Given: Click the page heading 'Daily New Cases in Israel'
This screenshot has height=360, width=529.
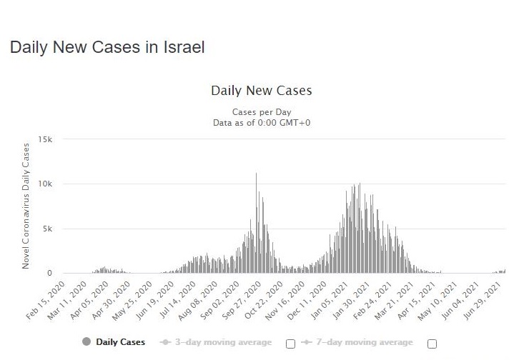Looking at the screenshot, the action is (x=107, y=47).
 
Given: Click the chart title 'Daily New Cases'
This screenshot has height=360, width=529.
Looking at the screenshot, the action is (x=262, y=91).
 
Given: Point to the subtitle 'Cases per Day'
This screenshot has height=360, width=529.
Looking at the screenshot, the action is (x=262, y=112).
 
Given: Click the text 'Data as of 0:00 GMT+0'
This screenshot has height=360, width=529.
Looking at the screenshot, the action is (x=262, y=123).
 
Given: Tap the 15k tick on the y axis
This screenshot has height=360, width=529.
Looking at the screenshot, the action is (x=45, y=139).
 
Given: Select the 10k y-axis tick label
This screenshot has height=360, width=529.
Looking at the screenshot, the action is (x=45, y=184).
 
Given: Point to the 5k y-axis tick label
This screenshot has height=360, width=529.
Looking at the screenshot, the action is (x=48, y=229).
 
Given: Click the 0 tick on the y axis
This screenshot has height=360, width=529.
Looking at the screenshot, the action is (x=49, y=273).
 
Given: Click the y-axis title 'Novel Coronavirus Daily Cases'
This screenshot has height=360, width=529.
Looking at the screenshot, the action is (x=26, y=206).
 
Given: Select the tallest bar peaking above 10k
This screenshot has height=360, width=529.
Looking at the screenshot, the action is (x=256, y=223).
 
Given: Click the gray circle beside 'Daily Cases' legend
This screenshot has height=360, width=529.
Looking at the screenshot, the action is (x=86, y=342).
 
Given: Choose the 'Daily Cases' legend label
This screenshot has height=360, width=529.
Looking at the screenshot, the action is (x=120, y=342).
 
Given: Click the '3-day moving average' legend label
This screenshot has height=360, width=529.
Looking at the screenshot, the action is (x=223, y=342).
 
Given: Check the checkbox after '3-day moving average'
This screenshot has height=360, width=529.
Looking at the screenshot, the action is (x=290, y=344).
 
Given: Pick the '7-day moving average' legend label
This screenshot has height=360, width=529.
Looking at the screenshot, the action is (x=365, y=342).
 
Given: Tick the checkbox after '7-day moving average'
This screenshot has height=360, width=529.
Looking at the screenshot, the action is (x=432, y=344).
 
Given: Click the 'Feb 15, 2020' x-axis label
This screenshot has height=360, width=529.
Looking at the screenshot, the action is (x=46, y=301).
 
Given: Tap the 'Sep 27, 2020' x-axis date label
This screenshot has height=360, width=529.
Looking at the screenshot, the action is (x=242, y=301).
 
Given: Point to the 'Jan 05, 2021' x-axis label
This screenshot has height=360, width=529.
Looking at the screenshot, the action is (x=329, y=301).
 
